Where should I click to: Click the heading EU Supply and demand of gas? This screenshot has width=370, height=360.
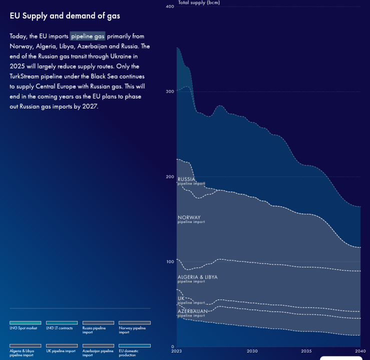65,16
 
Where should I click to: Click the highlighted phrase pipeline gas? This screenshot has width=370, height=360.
88,36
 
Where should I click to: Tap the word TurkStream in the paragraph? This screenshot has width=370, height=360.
26,76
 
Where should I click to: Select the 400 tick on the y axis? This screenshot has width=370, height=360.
169,6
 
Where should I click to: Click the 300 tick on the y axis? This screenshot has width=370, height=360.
169,91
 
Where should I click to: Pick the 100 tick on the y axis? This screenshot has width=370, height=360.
169,261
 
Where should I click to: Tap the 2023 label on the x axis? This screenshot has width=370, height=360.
177,351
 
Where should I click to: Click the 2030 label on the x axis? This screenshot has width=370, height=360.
252,351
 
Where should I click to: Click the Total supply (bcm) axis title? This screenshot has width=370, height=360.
199,2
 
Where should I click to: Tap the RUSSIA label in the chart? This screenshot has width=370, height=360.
186,179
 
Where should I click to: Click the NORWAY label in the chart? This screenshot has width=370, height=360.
189,217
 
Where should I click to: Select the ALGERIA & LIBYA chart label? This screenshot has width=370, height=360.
197,277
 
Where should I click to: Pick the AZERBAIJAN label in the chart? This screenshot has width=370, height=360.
193,311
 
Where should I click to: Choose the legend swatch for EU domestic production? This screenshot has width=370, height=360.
134,345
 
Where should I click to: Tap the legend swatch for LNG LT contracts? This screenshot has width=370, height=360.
62,323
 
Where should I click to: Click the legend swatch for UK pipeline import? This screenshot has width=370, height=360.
62,345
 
